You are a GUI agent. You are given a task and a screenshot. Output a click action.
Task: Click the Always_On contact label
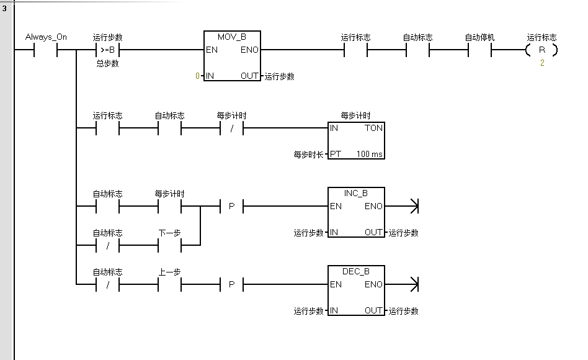coord(46,37)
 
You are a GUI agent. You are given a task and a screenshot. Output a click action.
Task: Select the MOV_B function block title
coord(232,37)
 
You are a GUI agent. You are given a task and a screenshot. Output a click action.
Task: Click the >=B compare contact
coord(107,50)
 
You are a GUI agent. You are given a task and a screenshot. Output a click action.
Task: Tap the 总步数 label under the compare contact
coord(107,63)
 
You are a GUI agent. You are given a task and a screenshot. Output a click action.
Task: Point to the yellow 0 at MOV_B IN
coord(198,76)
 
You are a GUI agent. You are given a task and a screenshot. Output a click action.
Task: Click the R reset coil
coord(541,50)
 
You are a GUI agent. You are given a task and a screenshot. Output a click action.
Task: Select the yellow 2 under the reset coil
coord(541,63)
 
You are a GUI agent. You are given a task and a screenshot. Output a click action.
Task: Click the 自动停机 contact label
coord(479,37)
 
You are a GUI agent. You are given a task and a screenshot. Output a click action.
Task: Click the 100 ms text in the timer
coord(370,154)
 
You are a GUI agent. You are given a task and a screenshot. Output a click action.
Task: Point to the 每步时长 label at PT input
coord(308,154)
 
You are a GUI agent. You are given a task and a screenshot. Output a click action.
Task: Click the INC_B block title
coord(355,193)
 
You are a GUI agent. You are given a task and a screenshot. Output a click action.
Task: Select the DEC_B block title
coord(355,271)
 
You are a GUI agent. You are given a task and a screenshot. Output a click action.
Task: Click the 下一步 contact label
coord(169,233)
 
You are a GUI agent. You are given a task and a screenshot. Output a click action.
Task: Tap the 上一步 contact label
coord(169,272)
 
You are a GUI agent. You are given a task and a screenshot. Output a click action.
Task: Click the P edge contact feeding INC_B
coord(231,206)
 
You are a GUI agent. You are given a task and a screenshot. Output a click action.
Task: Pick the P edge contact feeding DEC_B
coord(231,284)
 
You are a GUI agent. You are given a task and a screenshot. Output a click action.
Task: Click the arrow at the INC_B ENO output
coord(414,206)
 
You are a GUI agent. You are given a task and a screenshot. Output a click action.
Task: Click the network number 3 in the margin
coord(4,8)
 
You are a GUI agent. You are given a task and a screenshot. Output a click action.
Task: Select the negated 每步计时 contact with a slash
coord(231,128)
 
